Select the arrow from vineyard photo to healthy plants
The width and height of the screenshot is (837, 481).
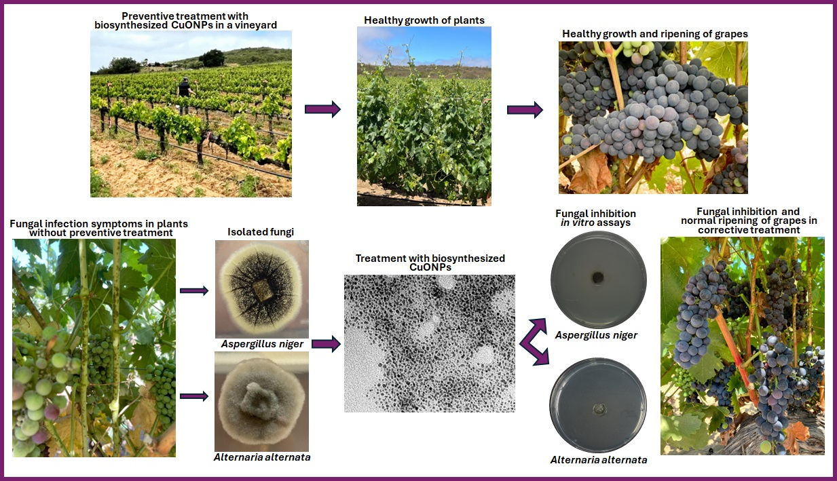[x=322, y=109]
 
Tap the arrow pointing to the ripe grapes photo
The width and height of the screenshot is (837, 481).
[x=525, y=109]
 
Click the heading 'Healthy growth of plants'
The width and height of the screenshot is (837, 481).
[x=424, y=20]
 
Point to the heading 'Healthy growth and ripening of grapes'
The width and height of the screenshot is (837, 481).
[x=655, y=34]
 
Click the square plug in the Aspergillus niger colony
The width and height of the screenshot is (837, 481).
[x=261, y=292]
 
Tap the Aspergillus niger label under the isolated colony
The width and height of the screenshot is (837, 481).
[x=262, y=344]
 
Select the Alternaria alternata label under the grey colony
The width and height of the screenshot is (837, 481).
[x=262, y=457]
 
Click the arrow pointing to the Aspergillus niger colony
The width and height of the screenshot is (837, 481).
[x=193, y=291]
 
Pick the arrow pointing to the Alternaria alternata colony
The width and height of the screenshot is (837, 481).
[x=193, y=396]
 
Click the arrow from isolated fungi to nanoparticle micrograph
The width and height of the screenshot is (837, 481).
[x=326, y=345]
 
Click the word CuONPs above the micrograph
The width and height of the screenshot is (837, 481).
[x=430, y=268]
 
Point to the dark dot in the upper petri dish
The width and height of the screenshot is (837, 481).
[x=598, y=277]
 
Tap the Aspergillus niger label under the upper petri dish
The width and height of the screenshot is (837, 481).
[x=597, y=335]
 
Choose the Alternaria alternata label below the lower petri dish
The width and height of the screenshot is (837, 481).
[x=599, y=460]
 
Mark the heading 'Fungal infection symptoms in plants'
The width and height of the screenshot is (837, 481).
[x=99, y=224]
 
